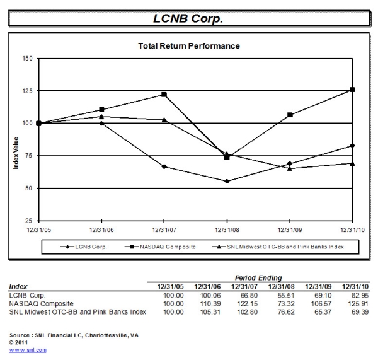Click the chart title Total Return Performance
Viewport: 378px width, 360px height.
point(188,46)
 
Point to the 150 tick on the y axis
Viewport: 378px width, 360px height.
point(27,58)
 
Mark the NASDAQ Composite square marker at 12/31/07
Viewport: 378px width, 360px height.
point(164,95)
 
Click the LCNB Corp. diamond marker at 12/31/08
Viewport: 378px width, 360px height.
point(227,181)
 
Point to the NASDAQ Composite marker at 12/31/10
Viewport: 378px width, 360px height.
point(352,90)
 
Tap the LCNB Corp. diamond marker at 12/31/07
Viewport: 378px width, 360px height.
point(164,166)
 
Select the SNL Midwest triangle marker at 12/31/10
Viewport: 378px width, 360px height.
point(352,163)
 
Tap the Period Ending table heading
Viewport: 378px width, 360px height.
point(259,278)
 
